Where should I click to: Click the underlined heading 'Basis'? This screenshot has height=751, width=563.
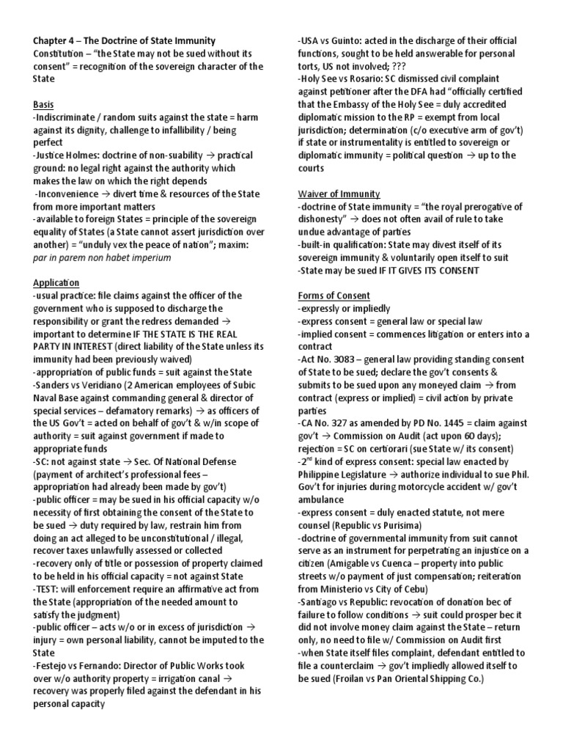pyautogui.click(x=43, y=105)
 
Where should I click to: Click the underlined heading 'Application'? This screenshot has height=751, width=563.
pyautogui.click(x=56, y=282)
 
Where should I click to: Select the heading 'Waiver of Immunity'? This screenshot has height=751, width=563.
pyautogui.click(x=339, y=194)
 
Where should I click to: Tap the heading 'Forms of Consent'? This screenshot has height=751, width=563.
pyautogui.click(x=334, y=296)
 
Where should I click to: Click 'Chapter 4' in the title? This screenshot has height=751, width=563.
pyautogui.click(x=58, y=40)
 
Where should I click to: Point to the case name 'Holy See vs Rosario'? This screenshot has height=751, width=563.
pyautogui.click(x=349, y=78)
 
